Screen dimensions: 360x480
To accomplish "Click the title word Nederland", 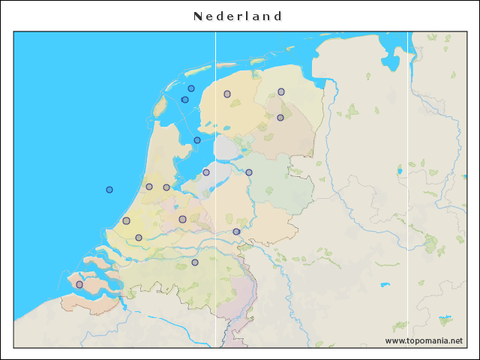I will pyautogui.click(x=238, y=16).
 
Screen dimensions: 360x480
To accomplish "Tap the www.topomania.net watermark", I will pyautogui.click(x=424, y=340).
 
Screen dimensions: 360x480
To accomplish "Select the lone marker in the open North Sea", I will pyautogui.click(x=109, y=190).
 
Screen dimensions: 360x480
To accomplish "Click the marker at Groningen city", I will pyautogui.click(x=281, y=91).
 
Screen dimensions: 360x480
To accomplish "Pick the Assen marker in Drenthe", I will pyautogui.click(x=280, y=117).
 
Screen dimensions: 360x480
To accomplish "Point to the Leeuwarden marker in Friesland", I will pyautogui.click(x=227, y=94).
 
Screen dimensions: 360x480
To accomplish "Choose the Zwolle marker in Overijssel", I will pyautogui.click(x=249, y=172).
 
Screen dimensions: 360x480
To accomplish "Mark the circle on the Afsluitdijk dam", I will pyautogui.click(x=197, y=140).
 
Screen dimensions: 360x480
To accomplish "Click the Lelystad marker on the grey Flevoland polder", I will pyautogui.click(x=206, y=172).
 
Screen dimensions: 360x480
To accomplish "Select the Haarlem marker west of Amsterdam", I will pyautogui.click(x=149, y=187).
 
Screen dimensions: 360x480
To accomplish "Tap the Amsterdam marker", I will pyautogui.click(x=166, y=187).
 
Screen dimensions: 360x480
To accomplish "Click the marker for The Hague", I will pyautogui.click(x=126, y=220).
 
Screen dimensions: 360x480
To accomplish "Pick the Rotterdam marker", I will pyautogui.click(x=139, y=238).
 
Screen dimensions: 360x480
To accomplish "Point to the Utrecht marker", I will pyautogui.click(x=182, y=219).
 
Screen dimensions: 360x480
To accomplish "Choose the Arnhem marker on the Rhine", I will pyautogui.click(x=236, y=232).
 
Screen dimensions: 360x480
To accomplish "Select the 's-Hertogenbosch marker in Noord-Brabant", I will pyautogui.click(x=195, y=262).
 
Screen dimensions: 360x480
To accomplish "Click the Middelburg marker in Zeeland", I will pyautogui.click(x=79, y=284).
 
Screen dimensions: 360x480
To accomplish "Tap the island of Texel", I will pyautogui.click(x=159, y=106).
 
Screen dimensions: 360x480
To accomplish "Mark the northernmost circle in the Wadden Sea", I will pyautogui.click(x=191, y=88).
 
